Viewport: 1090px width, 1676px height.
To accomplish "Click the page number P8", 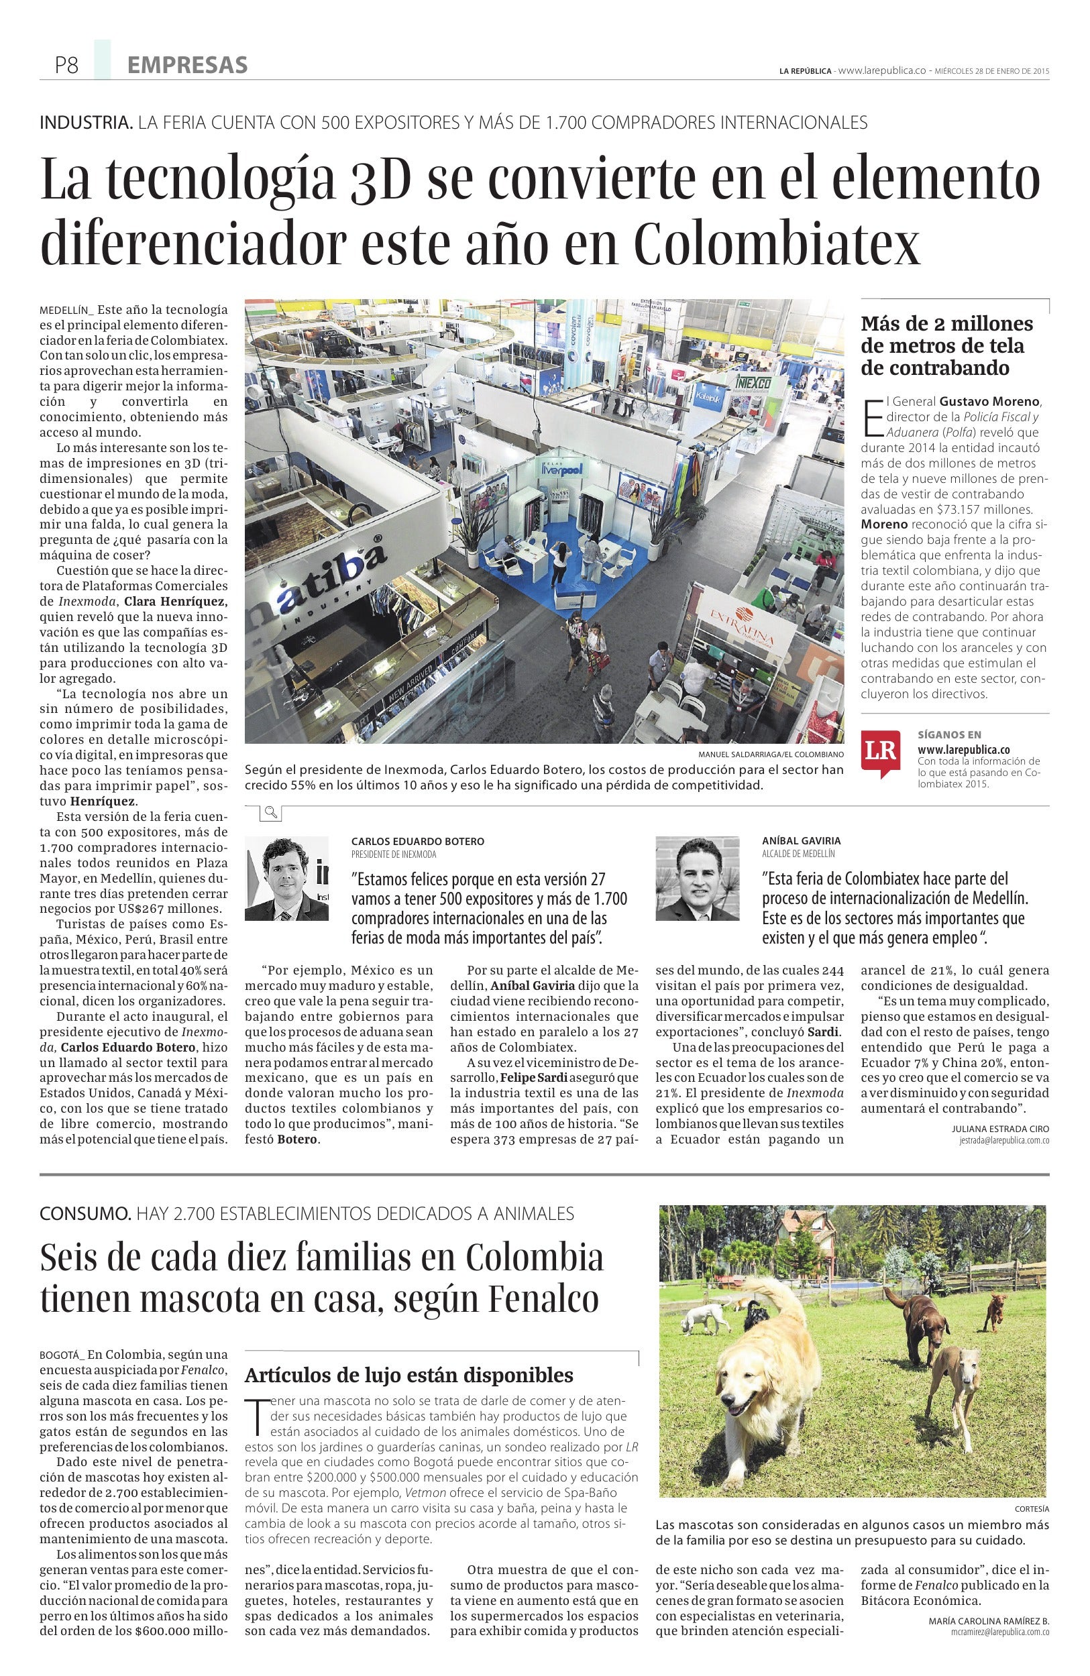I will click(66, 66).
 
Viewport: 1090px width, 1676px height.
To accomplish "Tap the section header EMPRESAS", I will click(187, 66).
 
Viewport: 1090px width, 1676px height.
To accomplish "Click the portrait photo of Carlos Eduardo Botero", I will click(286, 879).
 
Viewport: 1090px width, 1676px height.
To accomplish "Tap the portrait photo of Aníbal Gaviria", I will click(697, 879).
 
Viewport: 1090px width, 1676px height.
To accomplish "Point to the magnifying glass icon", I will click(270, 814).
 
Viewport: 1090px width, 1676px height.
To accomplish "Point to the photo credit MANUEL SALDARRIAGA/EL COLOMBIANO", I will click(770, 755).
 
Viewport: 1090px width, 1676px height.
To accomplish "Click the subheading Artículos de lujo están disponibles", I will click(408, 1374).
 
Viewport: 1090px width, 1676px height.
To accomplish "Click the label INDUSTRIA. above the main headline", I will click(86, 123).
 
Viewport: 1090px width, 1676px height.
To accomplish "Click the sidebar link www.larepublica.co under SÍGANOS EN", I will click(964, 750).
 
